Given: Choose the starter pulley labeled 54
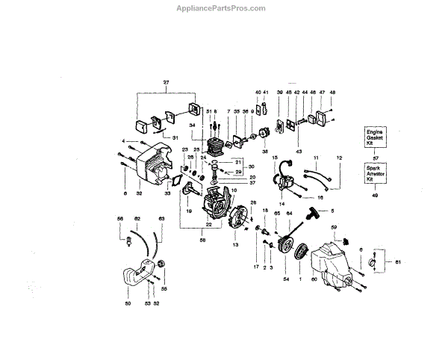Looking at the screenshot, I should (284, 243).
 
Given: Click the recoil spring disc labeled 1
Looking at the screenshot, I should (302, 250).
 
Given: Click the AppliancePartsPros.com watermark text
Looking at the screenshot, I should (224, 8).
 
